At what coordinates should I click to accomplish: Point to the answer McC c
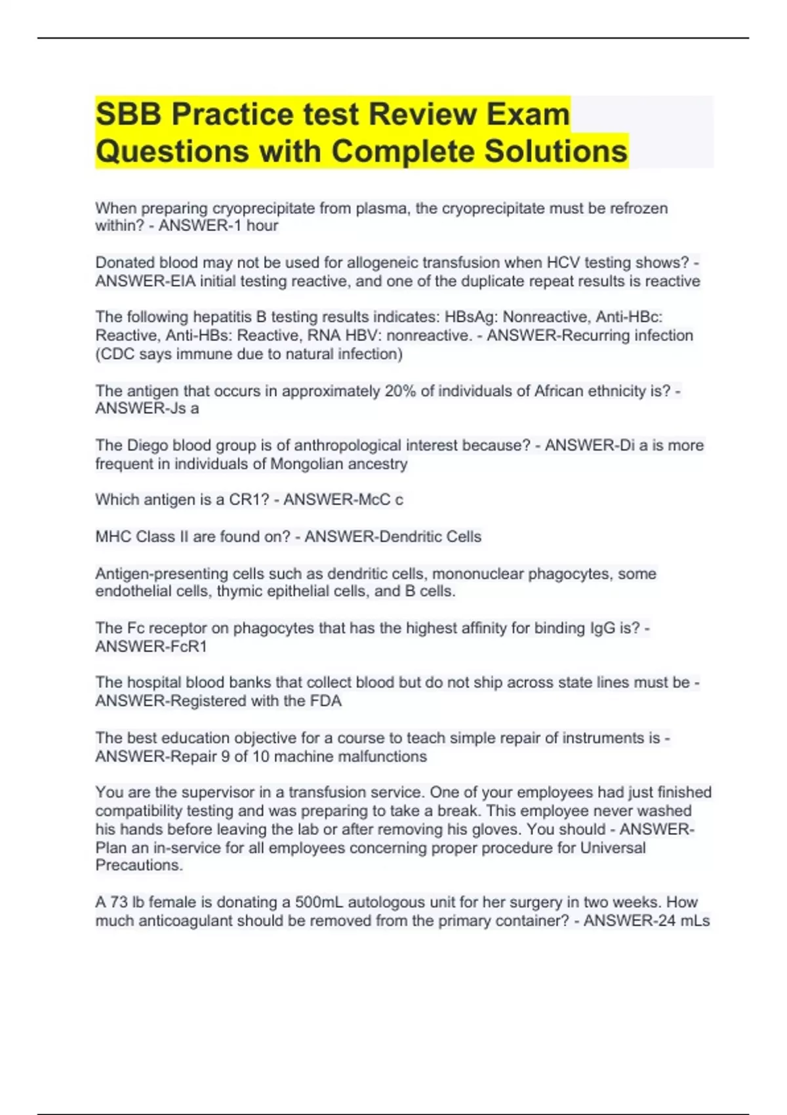[x=380, y=500]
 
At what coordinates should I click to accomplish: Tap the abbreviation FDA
[x=325, y=701]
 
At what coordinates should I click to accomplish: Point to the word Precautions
[x=139, y=866]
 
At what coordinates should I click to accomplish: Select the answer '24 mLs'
[x=683, y=921]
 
